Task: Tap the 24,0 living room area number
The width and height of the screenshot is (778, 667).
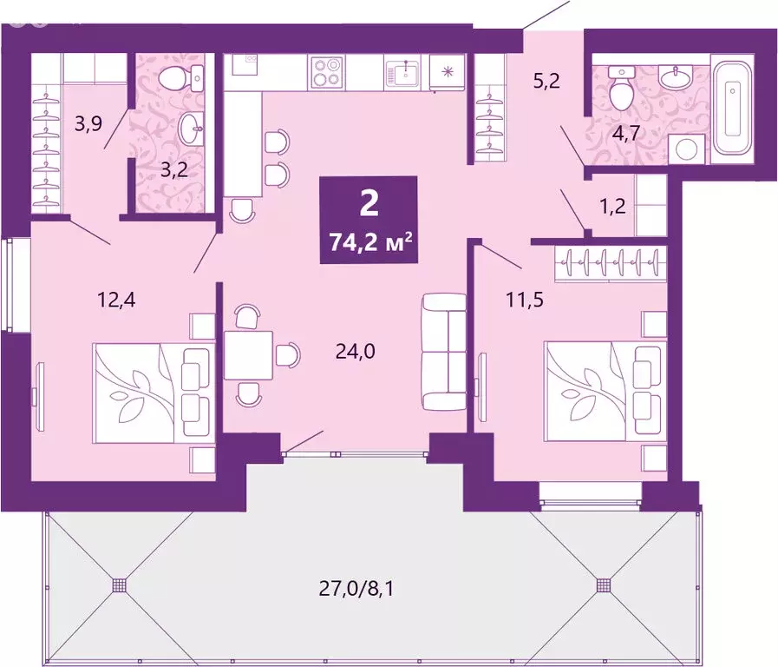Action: click(x=354, y=352)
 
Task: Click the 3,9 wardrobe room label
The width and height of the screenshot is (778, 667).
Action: click(x=88, y=123)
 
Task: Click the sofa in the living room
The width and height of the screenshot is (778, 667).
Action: click(x=443, y=353)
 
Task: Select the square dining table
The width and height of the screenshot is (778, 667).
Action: click(x=248, y=354)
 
